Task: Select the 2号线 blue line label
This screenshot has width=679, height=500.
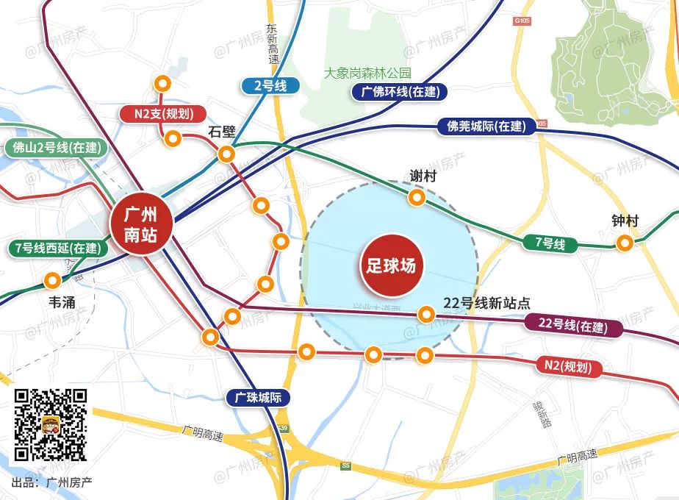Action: pyautogui.click(x=270, y=86)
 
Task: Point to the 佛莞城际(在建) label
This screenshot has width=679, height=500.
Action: pyautogui.click(x=486, y=126)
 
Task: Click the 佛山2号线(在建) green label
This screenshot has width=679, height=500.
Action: pyautogui.click(x=56, y=147)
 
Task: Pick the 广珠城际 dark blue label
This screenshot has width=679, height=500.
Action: pyautogui.click(x=258, y=398)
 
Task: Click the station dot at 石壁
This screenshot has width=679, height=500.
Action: pyautogui.click(x=226, y=154)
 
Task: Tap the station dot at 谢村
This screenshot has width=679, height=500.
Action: pyautogui.click(x=417, y=198)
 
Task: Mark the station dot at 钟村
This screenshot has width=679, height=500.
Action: pyautogui.click(x=625, y=243)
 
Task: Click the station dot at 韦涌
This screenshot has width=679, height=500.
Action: pyautogui.click(x=52, y=280)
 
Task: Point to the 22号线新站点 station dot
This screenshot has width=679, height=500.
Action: pyautogui.click(x=425, y=315)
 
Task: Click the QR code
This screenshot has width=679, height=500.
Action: pyautogui.click(x=51, y=424)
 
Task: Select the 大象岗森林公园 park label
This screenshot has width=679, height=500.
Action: pyautogui.click(x=368, y=73)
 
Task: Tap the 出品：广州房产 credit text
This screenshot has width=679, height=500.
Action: pyautogui.click(x=52, y=482)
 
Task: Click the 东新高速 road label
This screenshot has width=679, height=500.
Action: pyautogui.click(x=273, y=43)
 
